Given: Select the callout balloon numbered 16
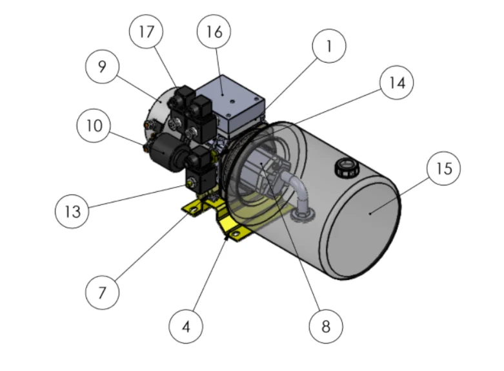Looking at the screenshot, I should [x=214, y=31].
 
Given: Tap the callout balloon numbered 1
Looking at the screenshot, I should [x=328, y=47].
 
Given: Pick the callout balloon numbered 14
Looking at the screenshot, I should [x=396, y=83].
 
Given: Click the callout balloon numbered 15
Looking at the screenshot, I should [x=444, y=169].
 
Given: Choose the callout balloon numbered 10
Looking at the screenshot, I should [x=94, y=125].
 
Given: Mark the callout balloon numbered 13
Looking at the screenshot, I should [x=72, y=212].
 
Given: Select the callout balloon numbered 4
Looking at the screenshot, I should [x=186, y=326].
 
